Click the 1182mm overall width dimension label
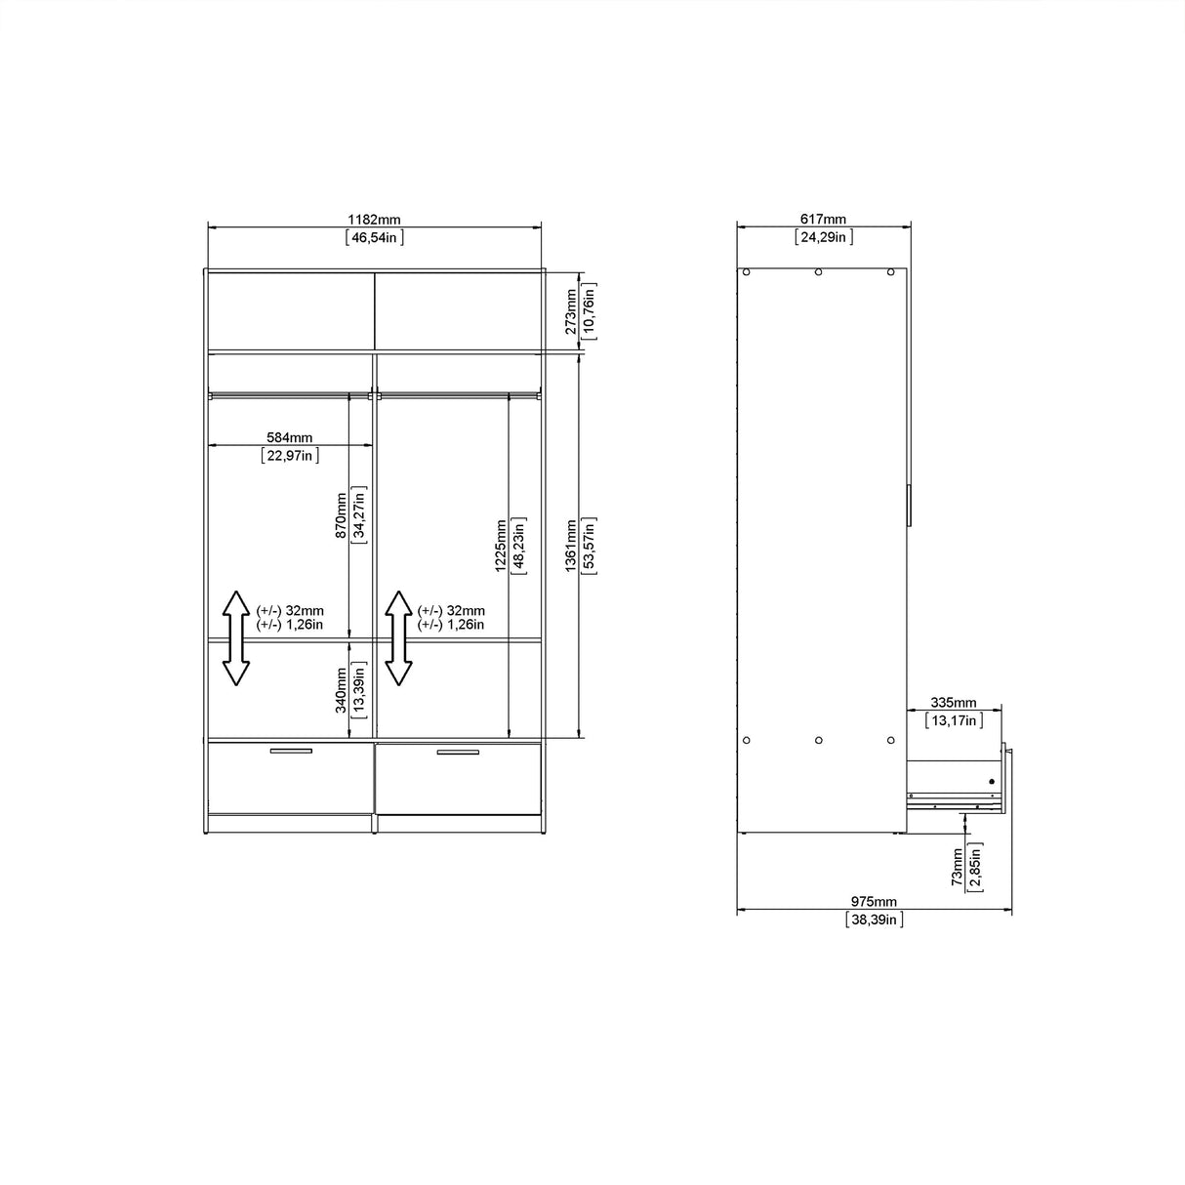[375, 220]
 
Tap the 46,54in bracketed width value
[375, 237]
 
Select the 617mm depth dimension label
[823, 220]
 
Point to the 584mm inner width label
[290, 437]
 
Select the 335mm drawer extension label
[954, 703]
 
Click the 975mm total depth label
[874, 902]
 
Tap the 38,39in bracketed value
[874, 919]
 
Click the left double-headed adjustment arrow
[235, 637]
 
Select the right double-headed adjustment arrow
[397, 637]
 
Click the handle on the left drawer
[291, 751]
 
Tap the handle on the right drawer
[458, 752]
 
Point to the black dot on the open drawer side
[991, 781]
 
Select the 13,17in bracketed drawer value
[954, 720]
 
